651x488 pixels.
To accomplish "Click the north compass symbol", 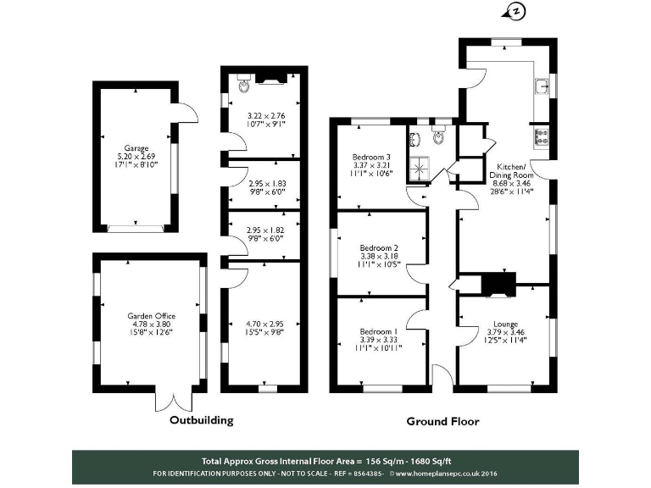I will (513, 10).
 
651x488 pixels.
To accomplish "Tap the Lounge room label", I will (505, 324).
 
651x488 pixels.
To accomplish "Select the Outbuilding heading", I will (201, 420).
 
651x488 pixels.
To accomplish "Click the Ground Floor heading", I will (442, 421).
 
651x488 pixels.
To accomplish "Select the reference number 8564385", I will (366, 473).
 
